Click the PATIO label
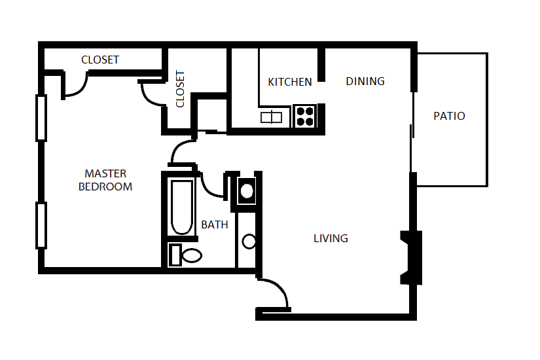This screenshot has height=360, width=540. point(449,116)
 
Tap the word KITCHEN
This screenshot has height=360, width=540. point(290,82)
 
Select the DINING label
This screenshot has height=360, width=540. point(365,81)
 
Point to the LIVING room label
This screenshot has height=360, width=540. point(331,238)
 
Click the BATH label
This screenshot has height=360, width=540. point(215,225)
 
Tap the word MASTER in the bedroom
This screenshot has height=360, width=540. point(105,173)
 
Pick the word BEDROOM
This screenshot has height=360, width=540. point(105,187)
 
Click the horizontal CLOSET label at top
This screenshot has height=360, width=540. point(100,60)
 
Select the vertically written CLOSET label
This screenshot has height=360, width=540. point(180,89)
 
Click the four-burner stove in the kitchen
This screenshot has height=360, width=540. point(305,117)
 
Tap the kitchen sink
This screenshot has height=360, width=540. point(272,117)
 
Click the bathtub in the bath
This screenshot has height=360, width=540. point(182,207)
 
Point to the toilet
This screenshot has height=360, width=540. point(185,255)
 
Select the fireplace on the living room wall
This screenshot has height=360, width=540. point(411,258)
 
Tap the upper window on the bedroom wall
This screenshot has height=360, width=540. point(41,118)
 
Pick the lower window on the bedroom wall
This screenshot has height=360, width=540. point(41,225)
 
